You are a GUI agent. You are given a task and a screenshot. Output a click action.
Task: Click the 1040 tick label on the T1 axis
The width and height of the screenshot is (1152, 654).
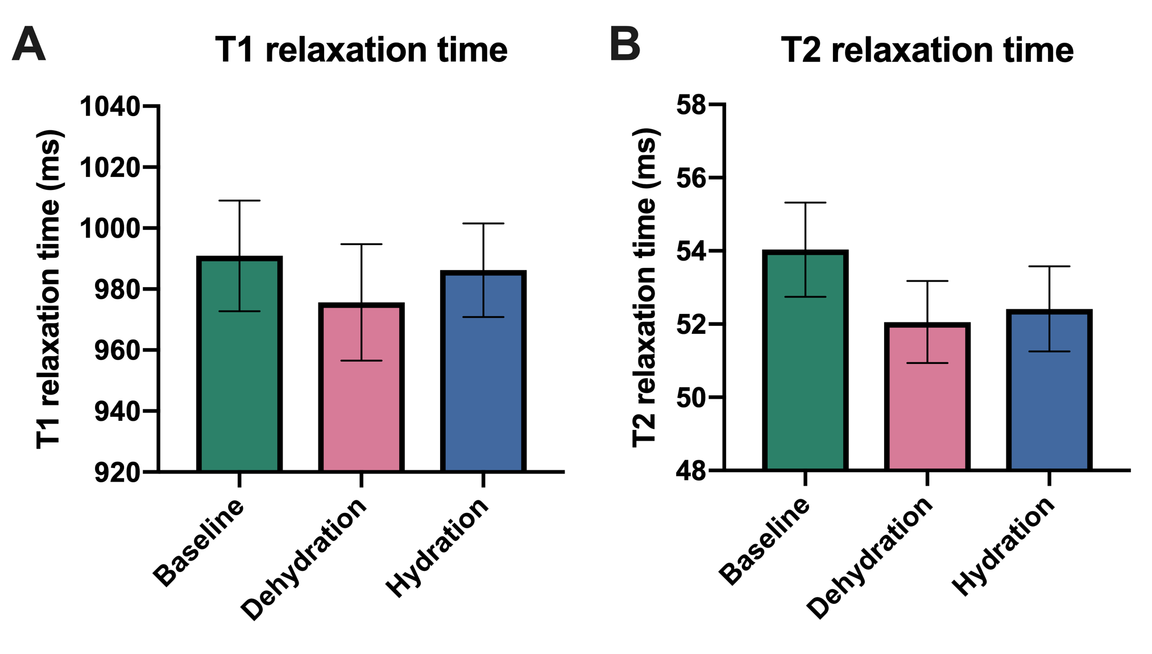pyautogui.click(x=110, y=106)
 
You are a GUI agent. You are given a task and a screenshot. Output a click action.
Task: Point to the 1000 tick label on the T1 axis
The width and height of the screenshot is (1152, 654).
pyautogui.click(x=110, y=229)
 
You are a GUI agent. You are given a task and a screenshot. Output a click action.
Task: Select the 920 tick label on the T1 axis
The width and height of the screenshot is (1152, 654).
pyautogui.click(x=117, y=472)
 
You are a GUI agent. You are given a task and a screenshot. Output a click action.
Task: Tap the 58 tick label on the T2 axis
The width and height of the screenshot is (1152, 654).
pyautogui.click(x=690, y=105)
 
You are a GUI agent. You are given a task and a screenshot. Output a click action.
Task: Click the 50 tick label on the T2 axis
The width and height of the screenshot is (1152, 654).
pyautogui.click(x=690, y=398)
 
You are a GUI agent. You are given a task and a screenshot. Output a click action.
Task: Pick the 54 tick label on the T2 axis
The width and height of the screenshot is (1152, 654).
pyautogui.click(x=690, y=251)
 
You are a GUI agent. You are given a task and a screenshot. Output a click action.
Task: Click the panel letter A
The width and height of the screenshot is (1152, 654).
pyautogui.click(x=28, y=44)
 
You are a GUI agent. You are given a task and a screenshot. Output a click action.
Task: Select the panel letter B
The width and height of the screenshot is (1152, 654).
pyautogui.click(x=624, y=44)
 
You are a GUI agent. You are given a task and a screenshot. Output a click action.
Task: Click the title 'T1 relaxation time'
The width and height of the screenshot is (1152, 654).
pyautogui.click(x=361, y=50)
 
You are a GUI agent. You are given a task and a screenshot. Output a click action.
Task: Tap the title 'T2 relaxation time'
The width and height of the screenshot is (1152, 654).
pyautogui.click(x=927, y=50)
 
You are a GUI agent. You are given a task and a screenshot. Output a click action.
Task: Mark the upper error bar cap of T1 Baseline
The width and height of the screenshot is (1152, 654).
pyautogui.click(x=239, y=201)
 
